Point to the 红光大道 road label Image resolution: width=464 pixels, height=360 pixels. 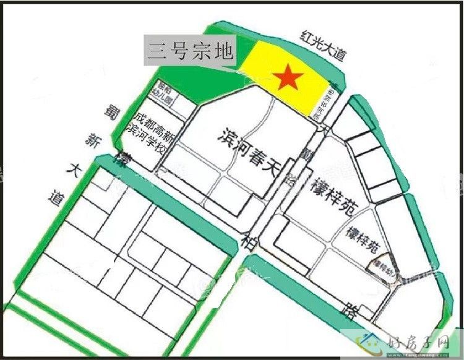coord(321,45)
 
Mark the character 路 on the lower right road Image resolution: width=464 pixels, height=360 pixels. coord(352,311)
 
